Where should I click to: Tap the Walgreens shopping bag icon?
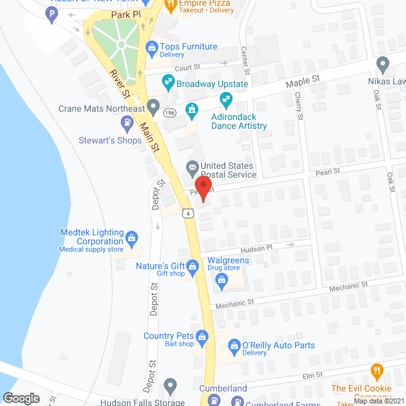[221, 285]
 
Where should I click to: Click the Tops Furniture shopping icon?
[152, 47]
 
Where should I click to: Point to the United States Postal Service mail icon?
[191, 167]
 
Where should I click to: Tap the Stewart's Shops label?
[110, 140]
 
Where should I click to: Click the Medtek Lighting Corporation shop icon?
[132, 238]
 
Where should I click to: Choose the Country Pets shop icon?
[202, 336]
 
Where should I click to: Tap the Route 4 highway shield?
[188, 214]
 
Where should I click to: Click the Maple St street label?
[303, 80]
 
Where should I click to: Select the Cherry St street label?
[299, 105]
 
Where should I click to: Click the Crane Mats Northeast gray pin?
[153, 105]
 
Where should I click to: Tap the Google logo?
[21, 398]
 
